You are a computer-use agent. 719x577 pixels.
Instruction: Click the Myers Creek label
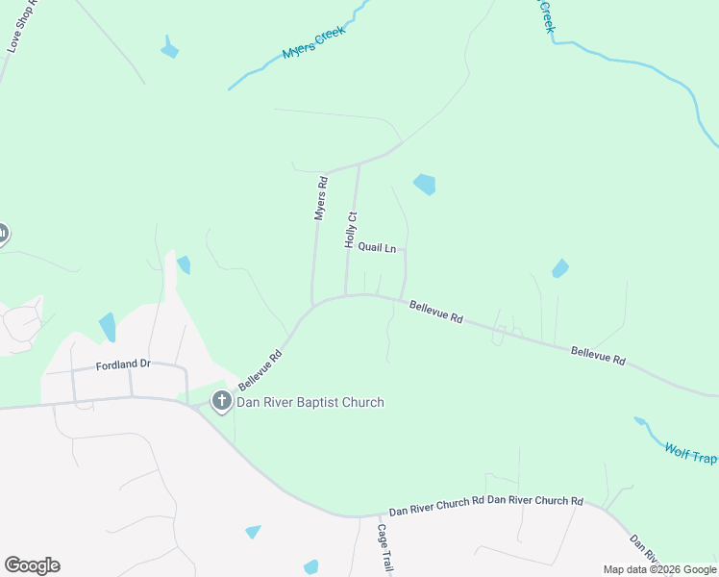click(x=312, y=43)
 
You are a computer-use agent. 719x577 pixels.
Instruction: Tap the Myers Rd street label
click(x=322, y=198)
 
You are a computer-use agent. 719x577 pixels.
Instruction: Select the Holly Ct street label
click(x=351, y=231)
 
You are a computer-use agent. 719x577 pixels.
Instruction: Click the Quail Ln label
click(x=377, y=248)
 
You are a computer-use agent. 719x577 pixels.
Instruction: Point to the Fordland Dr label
click(x=124, y=365)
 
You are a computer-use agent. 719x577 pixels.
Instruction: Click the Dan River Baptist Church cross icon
click(x=222, y=402)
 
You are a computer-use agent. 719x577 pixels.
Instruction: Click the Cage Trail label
click(x=384, y=548)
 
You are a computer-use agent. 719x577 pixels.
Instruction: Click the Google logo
click(x=32, y=565)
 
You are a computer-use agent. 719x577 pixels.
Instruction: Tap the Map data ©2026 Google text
click(x=660, y=569)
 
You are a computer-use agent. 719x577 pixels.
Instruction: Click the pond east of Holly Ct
click(x=424, y=184)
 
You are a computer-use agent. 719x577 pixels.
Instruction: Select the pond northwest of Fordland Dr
click(x=107, y=327)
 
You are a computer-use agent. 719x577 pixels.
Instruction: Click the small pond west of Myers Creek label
click(x=170, y=48)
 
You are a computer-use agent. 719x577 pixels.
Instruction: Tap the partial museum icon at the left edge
click(x=3, y=234)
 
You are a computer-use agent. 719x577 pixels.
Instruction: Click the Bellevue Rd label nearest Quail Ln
click(x=436, y=312)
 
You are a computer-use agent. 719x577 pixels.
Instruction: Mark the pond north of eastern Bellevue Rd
click(x=559, y=269)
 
